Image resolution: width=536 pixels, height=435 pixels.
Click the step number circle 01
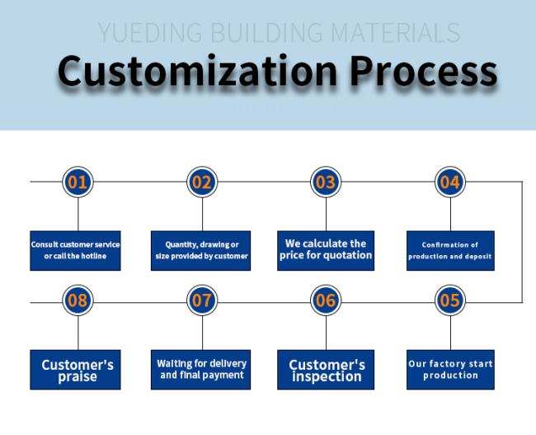78,182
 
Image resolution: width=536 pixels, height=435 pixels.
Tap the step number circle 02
202,182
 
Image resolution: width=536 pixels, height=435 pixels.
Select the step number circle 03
326,182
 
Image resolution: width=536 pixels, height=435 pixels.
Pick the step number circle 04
450,182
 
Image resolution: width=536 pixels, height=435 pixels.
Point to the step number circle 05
450,300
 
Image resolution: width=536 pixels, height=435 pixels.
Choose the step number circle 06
326,300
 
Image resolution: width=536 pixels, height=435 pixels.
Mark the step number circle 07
202,300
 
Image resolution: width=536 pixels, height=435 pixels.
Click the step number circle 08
78,300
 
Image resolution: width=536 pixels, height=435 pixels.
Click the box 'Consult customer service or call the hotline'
76,250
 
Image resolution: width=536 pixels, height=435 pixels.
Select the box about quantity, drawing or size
202,250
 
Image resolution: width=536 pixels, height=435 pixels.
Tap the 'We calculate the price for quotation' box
326,250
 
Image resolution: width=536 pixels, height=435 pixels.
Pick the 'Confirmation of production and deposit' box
450,250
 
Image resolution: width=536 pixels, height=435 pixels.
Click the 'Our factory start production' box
450,369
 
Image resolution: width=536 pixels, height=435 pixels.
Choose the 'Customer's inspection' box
326,369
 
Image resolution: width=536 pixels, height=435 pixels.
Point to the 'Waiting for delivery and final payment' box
202,369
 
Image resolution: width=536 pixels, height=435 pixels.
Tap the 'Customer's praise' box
78,369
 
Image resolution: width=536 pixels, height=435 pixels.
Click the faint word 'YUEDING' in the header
149,33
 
